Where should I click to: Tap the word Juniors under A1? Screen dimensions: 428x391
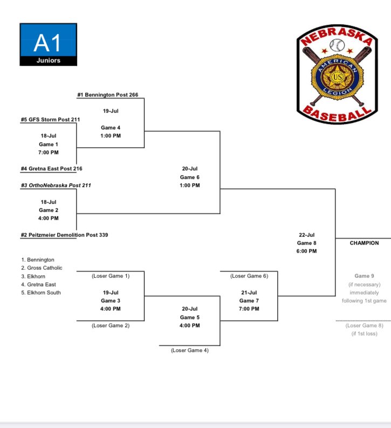tap(48, 61)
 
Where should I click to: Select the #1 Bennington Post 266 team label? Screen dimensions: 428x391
tap(107, 95)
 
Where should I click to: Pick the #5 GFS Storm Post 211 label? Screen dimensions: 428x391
tap(49, 119)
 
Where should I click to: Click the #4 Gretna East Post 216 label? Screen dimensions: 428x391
tap(51, 169)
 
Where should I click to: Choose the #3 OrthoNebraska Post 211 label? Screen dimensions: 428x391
tap(56, 185)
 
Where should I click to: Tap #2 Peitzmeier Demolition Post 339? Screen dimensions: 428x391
tap(64, 235)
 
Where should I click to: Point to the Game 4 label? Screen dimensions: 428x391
tap(111, 128)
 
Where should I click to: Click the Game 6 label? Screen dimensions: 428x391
tap(190, 177)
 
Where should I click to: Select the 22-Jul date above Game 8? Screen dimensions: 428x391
tap(306, 234)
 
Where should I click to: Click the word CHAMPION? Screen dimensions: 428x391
tap(364, 243)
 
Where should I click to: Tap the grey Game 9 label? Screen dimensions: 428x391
tap(365, 276)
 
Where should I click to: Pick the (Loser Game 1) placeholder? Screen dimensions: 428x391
tap(111, 275)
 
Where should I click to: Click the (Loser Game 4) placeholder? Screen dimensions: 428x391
tap(190, 350)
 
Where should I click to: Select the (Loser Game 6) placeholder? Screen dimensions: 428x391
tap(249, 275)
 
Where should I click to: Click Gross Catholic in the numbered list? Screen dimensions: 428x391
tap(42, 268)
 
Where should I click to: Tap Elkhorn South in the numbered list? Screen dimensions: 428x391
tap(41, 293)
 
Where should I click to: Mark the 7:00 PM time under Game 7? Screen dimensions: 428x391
tap(249, 309)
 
